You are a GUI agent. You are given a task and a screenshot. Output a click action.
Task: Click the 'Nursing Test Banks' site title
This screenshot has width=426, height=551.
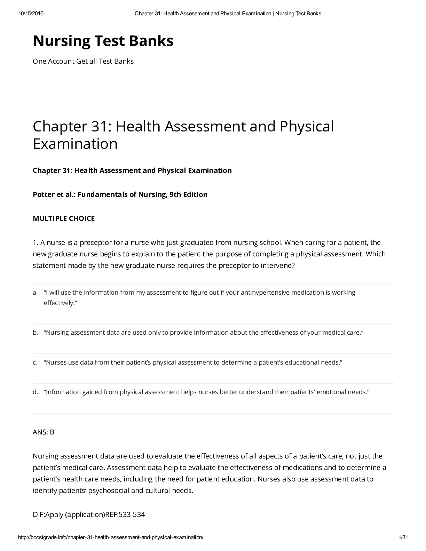(x=103, y=41)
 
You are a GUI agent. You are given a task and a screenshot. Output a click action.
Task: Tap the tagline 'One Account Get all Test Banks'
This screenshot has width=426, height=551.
(x=83, y=61)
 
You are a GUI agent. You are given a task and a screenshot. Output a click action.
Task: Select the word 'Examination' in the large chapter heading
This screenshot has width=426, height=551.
(x=75, y=144)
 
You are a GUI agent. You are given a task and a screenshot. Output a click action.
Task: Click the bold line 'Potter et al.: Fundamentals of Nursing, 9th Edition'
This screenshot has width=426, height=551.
(x=120, y=194)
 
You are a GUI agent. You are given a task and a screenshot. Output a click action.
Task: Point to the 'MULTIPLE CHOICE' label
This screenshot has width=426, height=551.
(x=64, y=218)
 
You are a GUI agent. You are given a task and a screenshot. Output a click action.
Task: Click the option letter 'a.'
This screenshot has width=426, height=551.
(x=35, y=293)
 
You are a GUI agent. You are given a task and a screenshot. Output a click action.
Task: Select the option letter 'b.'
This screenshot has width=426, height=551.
(x=35, y=333)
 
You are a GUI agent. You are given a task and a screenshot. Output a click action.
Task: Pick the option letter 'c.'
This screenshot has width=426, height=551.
(x=35, y=362)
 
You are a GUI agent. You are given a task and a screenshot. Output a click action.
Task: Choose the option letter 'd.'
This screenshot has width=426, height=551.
(x=35, y=392)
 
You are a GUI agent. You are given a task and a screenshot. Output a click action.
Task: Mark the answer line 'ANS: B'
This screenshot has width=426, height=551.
(x=44, y=432)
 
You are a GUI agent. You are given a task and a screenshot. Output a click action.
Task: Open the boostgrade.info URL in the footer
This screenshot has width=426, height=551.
(x=111, y=537)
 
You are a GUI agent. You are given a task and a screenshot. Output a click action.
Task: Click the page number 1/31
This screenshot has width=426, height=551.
(x=403, y=537)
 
